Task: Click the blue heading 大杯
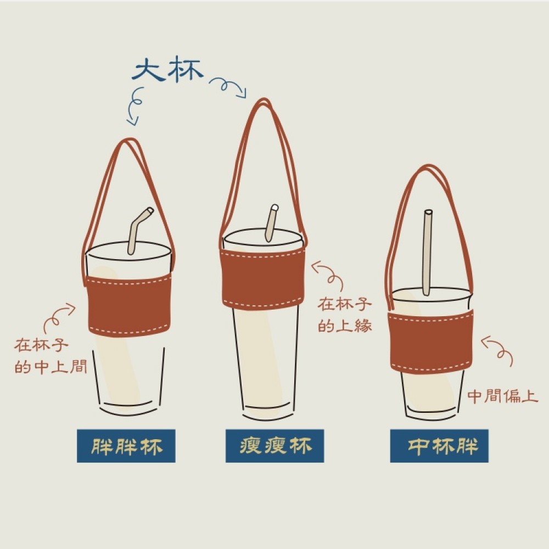(x=167, y=70)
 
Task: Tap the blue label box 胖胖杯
(x=126, y=446)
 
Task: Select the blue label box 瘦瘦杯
(x=275, y=446)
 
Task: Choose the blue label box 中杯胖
(x=439, y=446)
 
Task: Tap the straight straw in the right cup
(x=427, y=252)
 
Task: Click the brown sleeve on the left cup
(x=128, y=305)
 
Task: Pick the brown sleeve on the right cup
(x=432, y=341)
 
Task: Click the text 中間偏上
(x=503, y=396)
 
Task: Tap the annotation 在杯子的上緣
(x=344, y=315)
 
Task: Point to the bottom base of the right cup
(x=432, y=417)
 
